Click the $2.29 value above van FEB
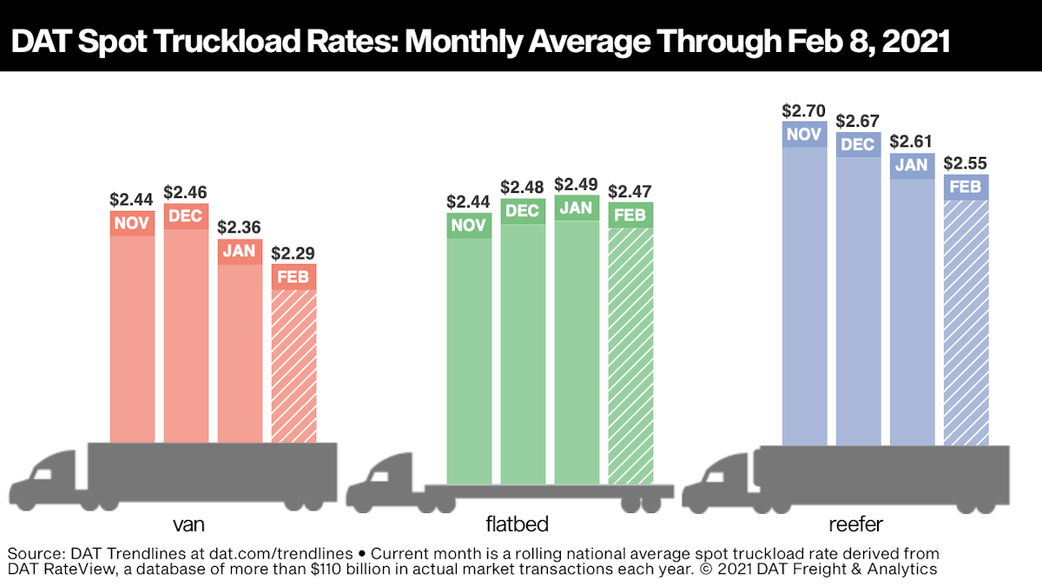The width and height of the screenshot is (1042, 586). (293, 253)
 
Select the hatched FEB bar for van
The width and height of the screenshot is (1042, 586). (293, 365)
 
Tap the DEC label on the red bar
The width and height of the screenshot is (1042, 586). (186, 216)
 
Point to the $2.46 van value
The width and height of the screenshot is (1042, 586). (186, 192)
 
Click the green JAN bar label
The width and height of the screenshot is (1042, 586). (577, 208)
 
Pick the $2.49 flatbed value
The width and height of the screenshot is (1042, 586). (577, 184)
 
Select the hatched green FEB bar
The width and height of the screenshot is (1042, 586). (630, 347)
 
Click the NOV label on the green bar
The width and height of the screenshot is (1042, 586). (469, 226)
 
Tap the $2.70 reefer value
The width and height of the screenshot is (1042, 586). (804, 110)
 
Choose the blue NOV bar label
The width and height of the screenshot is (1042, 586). (804, 135)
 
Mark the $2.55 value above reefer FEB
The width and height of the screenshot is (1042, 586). (966, 162)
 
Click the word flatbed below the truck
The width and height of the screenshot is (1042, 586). (518, 524)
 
